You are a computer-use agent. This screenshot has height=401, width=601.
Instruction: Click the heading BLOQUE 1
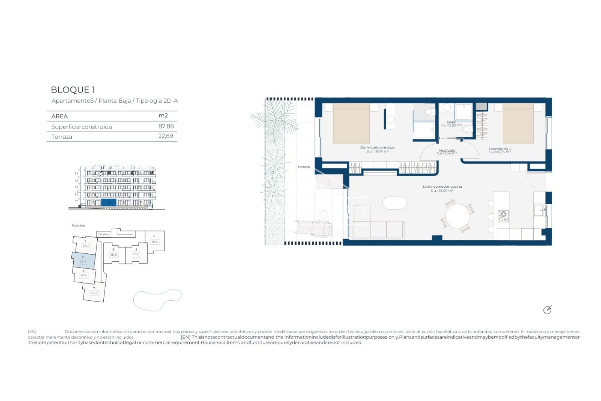click(73, 90)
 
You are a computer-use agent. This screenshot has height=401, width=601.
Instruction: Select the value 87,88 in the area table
click(166, 126)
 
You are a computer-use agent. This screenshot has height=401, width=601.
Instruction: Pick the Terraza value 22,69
click(166, 136)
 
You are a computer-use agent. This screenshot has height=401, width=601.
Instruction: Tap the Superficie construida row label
click(81, 127)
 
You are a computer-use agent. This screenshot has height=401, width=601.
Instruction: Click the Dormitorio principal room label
click(378, 148)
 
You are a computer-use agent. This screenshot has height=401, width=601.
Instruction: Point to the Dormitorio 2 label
click(500, 149)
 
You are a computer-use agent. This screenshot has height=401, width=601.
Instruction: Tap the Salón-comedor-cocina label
click(442, 187)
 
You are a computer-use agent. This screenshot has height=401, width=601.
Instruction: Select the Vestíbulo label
click(447, 151)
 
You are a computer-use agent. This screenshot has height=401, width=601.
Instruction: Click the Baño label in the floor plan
click(451, 122)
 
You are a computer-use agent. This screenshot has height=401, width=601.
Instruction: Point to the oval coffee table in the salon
click(394, 203)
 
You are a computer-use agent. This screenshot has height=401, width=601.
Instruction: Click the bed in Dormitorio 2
click(518, 124)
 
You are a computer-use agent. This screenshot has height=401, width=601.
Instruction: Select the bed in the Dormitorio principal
click(351, 124)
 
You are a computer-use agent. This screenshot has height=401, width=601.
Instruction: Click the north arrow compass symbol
click(547, 310)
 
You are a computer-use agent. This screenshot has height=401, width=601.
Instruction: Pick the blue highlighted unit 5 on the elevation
click(109, 202)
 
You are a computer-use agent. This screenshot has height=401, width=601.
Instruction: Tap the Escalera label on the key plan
click(104, 234)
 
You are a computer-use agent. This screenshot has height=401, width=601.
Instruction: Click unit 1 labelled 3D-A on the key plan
click(155, 241)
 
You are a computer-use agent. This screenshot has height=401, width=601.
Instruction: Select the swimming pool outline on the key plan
click(157, 300)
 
